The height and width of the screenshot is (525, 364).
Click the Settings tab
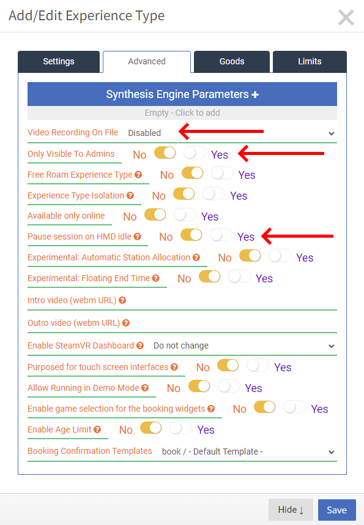[59, 62]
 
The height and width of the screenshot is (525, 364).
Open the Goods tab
[232, 62]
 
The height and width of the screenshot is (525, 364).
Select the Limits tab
[310, 62]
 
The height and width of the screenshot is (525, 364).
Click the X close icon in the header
[346, 17]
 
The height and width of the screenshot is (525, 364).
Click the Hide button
[291, 510]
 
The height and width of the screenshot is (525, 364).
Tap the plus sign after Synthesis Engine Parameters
[255, 95]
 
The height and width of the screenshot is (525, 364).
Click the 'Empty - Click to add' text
[182, 113]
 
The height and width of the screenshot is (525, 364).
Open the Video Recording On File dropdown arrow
[331, 134]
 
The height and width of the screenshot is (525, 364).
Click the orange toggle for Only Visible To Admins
[165, 153]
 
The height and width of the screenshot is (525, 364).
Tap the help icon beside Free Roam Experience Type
[138, 175]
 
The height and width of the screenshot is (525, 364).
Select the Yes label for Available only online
[210, 217]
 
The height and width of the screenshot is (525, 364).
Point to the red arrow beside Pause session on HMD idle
[297, 236]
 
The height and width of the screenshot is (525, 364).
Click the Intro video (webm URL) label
[72, 300]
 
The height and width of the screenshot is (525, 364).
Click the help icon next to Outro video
[125, 323]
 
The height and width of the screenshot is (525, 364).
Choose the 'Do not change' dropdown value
[181, 346]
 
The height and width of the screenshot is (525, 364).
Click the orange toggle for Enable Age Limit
[150, 428]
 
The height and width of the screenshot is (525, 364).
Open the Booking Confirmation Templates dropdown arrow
[331, 452]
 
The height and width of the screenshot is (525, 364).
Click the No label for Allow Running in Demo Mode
[174, 388]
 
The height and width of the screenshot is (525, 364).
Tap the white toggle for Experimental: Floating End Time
[239, 277]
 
